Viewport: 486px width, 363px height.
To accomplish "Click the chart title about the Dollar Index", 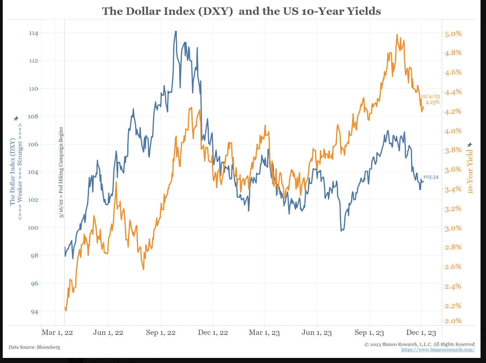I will (241, 11).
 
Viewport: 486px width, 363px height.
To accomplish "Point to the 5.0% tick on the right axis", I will (453, 34).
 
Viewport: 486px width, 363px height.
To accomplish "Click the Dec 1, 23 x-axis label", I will (421, 333).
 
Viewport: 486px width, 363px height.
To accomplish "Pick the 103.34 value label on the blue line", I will (431, 177).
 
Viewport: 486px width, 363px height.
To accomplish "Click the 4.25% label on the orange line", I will (433, 102).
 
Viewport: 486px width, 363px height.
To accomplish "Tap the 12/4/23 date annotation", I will (430, 96).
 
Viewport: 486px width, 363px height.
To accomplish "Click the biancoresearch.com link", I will (438, 349).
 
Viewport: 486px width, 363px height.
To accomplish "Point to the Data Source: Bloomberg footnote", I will (34, 347).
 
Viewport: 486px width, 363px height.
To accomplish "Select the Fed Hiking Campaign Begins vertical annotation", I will (62, 172).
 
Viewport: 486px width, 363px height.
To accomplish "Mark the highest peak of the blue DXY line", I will (176, 31).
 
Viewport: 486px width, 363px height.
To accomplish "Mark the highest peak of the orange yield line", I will (397, 35).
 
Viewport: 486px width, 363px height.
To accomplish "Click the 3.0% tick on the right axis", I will (453, 228).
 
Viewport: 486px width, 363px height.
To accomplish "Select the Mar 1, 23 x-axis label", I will (265, 333).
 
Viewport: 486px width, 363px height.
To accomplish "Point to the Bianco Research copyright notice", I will (420, 344).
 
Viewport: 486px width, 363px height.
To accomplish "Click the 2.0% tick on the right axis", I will (453, 321).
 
